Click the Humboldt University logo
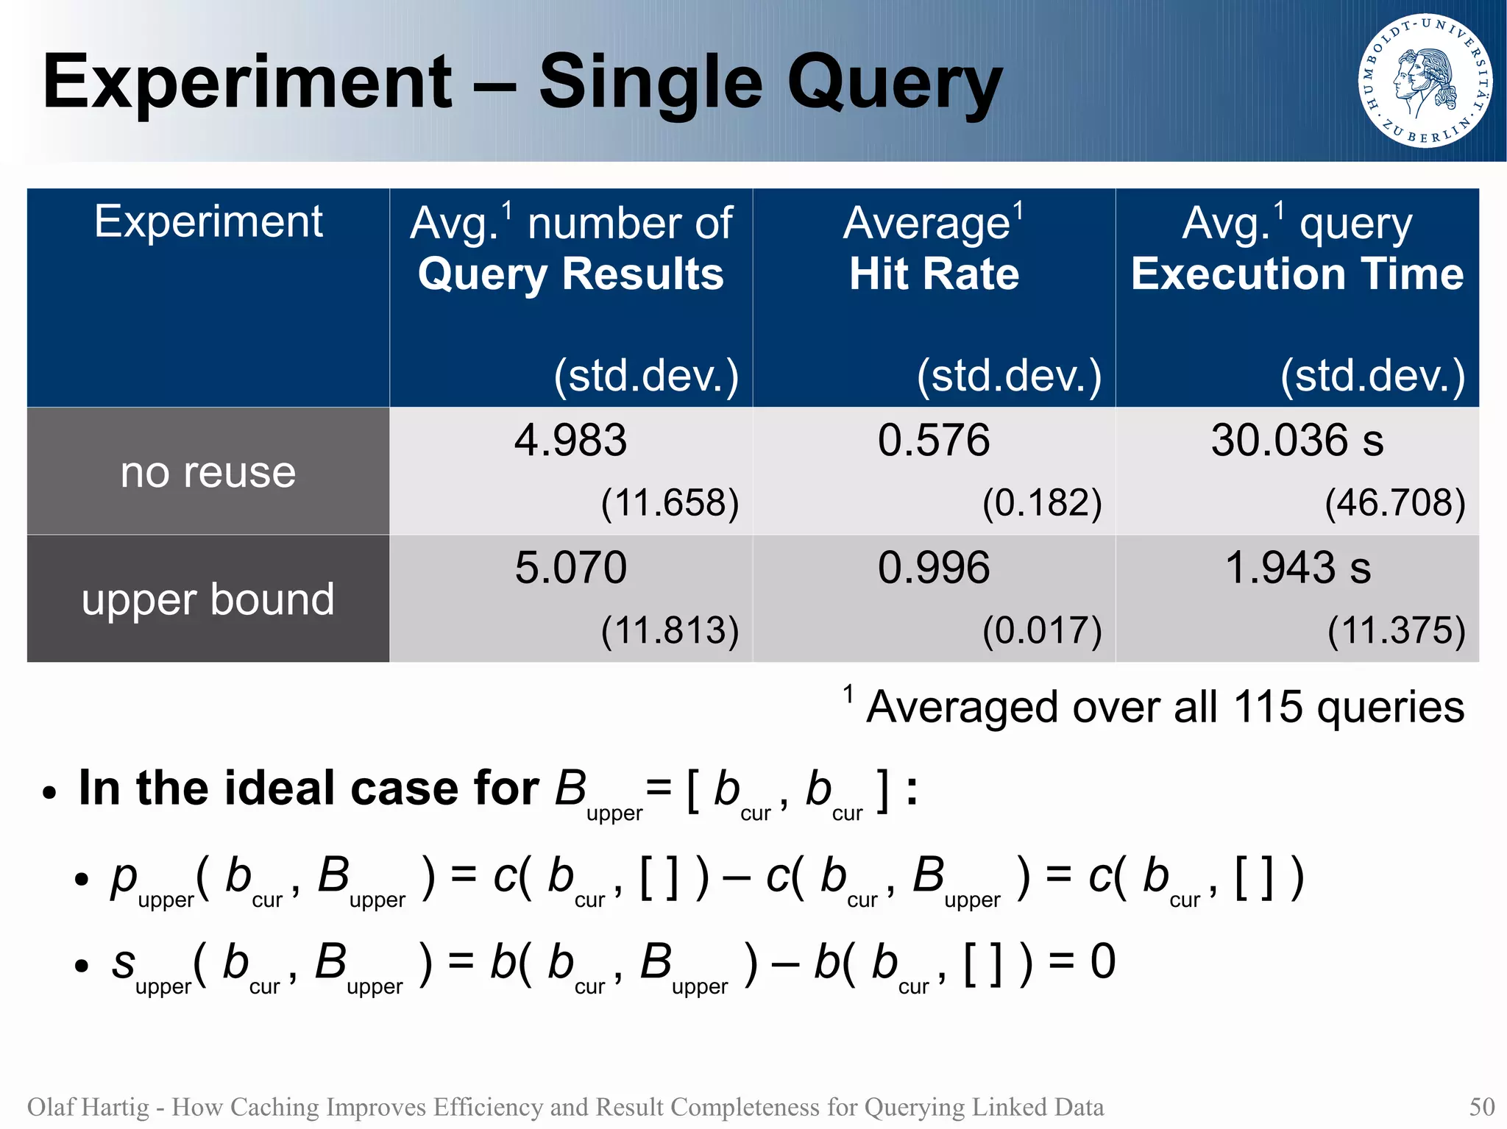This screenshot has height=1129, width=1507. (1425, 80)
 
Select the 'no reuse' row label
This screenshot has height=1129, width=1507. (208, 471)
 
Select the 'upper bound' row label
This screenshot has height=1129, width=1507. (208, 599)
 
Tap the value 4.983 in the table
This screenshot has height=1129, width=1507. (570, 441)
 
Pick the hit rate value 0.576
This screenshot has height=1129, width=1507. (933, 441)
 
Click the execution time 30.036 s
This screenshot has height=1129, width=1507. (1297, 441)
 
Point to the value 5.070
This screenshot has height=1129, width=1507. (570, 568)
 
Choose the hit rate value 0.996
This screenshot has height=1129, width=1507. (933, 568)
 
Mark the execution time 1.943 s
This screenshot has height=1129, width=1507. (1297, 568)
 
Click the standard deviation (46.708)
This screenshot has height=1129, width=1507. (1394, 503)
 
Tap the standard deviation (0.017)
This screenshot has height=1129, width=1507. (1042, 630)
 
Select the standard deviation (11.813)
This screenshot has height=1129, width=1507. (670, 630)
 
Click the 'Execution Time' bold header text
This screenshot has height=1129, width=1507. (1297, 274)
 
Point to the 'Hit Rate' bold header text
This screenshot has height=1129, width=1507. (934, 274)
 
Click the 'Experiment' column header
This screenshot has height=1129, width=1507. (208, 221)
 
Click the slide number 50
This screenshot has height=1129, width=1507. (1481, 1106)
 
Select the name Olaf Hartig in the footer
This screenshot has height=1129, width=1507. (88, 1106)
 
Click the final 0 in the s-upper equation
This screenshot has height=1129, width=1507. (1102, 961)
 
